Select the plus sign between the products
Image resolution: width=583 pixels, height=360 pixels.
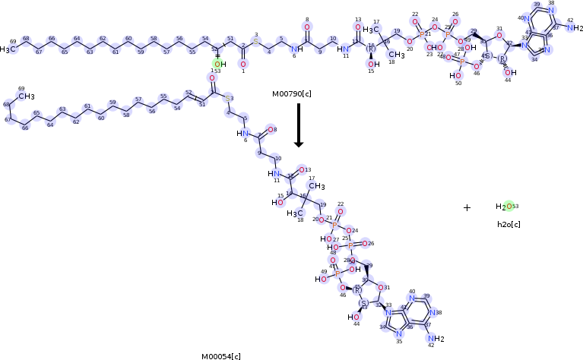(x=467, y=207)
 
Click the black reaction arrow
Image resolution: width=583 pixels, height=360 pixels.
(x=299, y=125)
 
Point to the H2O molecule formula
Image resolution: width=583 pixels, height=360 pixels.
(x=505, y=207)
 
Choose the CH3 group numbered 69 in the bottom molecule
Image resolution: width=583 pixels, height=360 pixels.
(x=27, y=96)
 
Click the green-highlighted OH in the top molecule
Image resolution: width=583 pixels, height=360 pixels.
(x=219, y=65)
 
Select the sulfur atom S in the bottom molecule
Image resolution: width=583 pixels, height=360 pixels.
(x=229, y=99)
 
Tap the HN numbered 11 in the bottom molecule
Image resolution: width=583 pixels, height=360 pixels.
(x=274, y=173)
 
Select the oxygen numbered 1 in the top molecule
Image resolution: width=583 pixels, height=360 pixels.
(x=243, y=64)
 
